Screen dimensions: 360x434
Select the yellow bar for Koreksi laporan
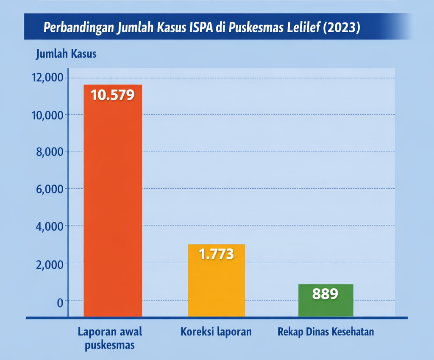[216, 284]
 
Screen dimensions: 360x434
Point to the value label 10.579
[113, 95]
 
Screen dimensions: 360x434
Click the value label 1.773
[216, 254]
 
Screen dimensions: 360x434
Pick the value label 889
[325, 293]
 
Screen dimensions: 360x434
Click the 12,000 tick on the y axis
[47, 78]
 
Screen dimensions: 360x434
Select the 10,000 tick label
[47, 115]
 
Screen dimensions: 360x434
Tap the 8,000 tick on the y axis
[49, 152]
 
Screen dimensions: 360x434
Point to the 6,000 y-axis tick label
[49, 189]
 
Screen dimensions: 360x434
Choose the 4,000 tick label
[49, 226]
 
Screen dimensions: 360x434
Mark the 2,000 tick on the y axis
[49, 264]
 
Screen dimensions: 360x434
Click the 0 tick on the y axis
[60, 301]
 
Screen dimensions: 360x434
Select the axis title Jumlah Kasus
[66, 54]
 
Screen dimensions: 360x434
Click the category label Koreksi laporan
[216, 332]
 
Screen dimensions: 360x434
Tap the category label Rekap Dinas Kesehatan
[326, 332]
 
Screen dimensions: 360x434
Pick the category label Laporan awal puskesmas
[110, 338]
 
